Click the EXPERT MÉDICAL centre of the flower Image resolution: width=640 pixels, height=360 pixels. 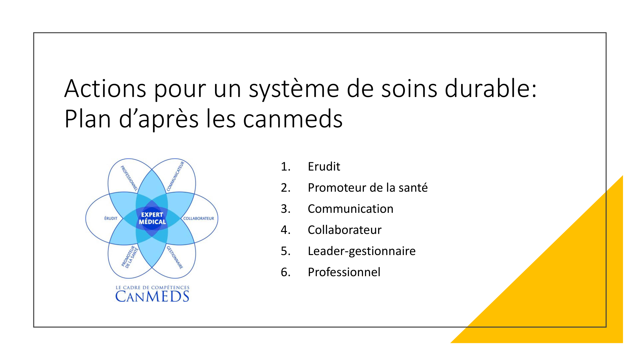tap(152, 218)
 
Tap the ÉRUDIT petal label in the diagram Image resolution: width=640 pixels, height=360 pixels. tap(111, 218)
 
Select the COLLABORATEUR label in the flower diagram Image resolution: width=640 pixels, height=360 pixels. tap(198, 218)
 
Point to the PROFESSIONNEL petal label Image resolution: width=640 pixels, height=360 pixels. tap(129, 178)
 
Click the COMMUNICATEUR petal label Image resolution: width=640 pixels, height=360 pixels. tap(175, 176)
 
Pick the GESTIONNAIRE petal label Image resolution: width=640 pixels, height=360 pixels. tap(175, 257)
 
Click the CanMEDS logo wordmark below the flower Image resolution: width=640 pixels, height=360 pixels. tap(152, 296)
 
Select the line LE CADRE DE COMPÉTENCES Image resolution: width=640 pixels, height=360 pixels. tap(152, 287)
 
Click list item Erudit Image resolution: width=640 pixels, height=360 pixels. tap(324, 166)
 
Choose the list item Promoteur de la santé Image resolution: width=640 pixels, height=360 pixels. tap(368, 188)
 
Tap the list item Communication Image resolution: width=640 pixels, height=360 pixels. tap(350, 209)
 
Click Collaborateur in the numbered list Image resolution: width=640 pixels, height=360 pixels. tap(345, 230)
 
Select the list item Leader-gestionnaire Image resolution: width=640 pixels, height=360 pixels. tap(362, 251)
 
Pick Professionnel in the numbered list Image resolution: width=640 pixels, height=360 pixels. tap(344, 272)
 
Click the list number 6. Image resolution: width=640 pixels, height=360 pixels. tap(285, 272)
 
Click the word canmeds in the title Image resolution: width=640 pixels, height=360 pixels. tap(293, 119)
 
